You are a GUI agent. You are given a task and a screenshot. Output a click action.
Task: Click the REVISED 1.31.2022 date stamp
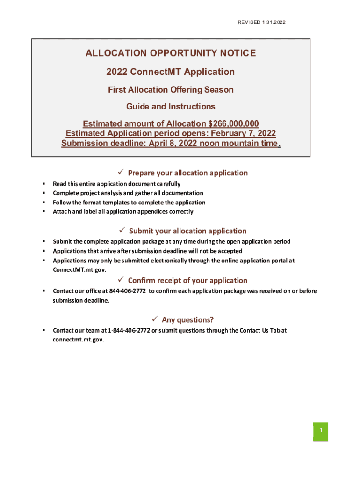tap(261, 22)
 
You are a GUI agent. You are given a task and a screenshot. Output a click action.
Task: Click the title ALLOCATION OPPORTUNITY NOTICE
tap(171, 53)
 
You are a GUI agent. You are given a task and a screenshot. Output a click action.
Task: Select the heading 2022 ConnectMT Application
tap(171, 72)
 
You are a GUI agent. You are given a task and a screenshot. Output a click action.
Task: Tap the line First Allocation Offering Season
tap(171, 89)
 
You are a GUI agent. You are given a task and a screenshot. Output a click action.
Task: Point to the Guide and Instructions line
tap(171, 107)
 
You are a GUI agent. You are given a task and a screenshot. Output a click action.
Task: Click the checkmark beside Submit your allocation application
tap(122, 231)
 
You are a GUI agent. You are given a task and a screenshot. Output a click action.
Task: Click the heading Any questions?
tap(187, 320)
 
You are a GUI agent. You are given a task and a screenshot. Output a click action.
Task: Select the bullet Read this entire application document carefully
tap(116, 184)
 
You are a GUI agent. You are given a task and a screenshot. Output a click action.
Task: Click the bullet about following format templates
tap(129, 203)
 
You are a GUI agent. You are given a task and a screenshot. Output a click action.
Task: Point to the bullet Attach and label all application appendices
tap(123, 211)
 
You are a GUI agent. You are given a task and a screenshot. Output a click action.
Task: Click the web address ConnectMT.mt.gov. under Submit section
tap(79, 270)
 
